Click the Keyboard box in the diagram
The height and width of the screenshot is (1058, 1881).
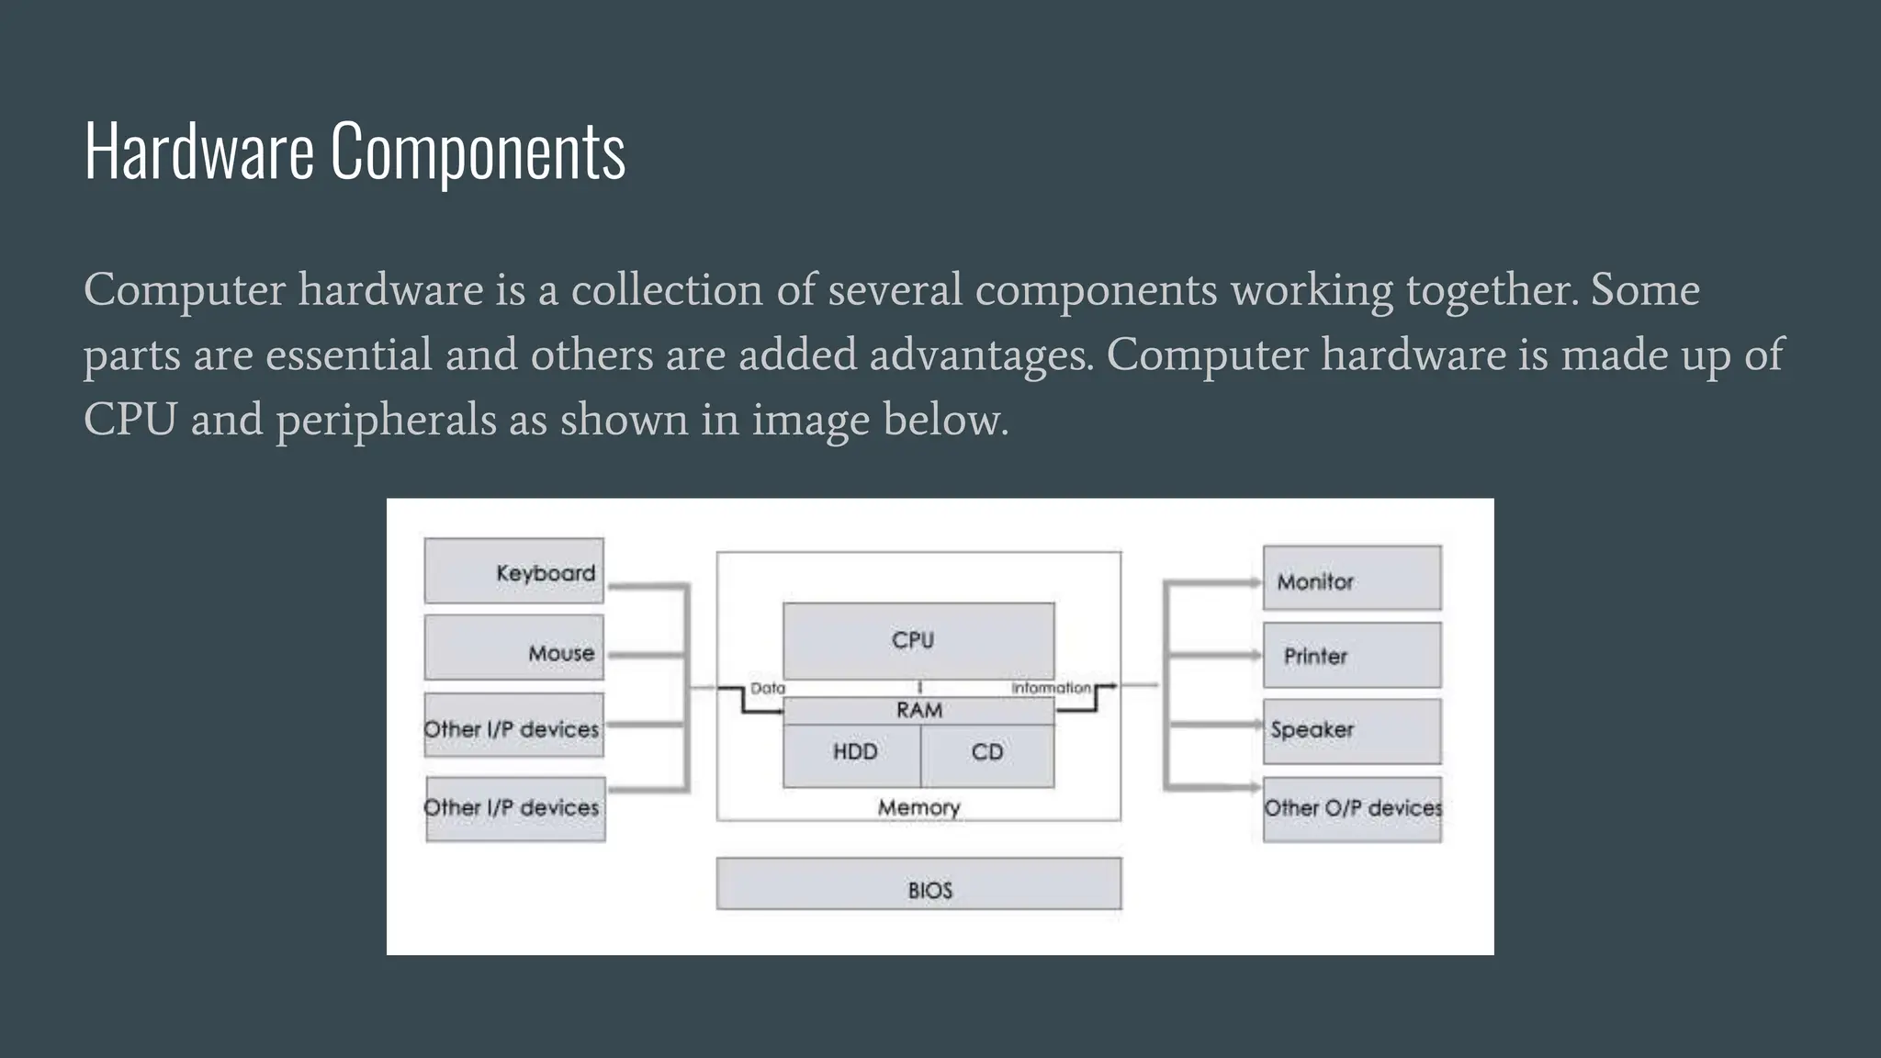click(514, 571)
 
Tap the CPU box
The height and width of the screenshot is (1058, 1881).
click(918, 640)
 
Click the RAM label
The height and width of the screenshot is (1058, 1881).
click(919, 710)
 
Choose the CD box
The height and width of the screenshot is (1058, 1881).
click(987, 753)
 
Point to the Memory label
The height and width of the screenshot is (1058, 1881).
click(918, 807)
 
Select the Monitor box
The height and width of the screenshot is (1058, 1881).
click(1352, 579)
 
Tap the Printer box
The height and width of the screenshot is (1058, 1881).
click(1352, 656)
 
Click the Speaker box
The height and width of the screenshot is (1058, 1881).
click(1352, 731)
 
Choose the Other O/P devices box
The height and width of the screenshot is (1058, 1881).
click(1352, 809)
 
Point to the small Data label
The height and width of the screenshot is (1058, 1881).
click(768, 688)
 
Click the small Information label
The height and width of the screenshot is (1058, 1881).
click(1051, 688)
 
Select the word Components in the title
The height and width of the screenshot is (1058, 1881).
click(478, 152)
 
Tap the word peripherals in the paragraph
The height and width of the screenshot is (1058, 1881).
click(386, 420)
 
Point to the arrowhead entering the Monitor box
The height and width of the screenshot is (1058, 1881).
click(1256, 582)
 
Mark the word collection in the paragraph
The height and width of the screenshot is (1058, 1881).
click(667, 290)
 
